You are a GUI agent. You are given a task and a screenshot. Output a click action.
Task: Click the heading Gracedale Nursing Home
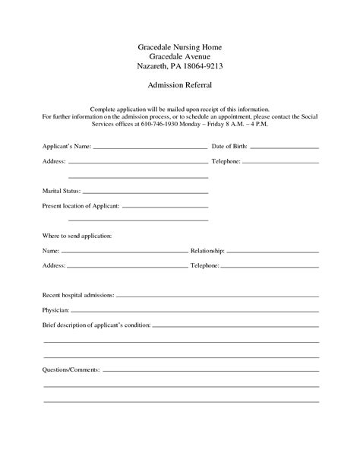(179, 47)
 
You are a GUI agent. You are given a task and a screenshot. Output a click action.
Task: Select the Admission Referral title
(179, 87)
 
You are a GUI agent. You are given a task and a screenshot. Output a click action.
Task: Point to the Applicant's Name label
(65, 145)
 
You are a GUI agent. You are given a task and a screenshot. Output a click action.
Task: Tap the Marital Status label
(61, 191)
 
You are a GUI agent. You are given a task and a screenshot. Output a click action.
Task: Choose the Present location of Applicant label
(81, 206)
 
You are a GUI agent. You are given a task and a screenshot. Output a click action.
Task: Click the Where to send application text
(77, 236)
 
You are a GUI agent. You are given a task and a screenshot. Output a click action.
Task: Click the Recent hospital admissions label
(79, 294)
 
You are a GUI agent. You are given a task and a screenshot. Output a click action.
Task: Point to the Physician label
(56, 310)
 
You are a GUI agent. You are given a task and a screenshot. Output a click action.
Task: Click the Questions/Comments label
(71, 369)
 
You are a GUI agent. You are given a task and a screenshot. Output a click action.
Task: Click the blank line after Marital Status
(144, 192)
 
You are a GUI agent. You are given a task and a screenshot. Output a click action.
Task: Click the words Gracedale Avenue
(179, 57)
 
